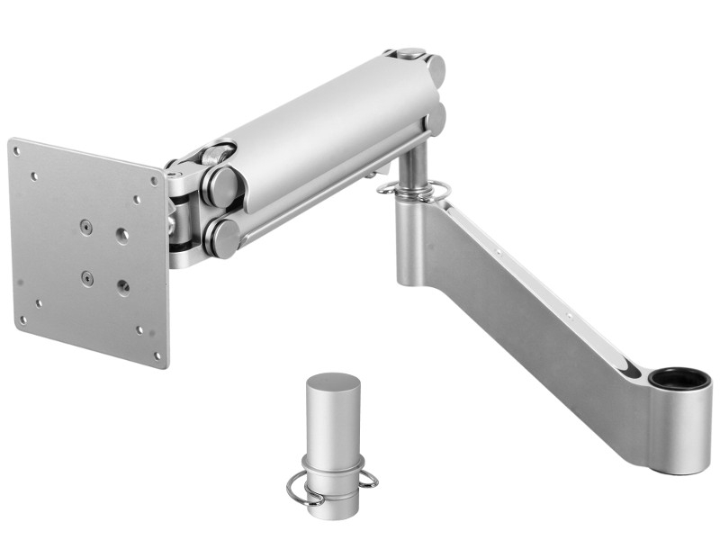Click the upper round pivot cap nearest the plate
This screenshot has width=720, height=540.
click(220, 185)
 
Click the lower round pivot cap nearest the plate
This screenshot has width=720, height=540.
click(221, 238)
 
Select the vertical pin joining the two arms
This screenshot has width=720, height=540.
click(413, 166)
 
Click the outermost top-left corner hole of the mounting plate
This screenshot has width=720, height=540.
click(18, 151)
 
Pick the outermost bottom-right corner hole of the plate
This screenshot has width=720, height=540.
click(158, 356)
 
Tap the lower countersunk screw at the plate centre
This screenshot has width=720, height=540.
click(87, 278)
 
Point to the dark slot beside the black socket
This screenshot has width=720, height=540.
click(630, 370)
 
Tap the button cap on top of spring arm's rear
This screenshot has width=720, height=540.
click(409, 54)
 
